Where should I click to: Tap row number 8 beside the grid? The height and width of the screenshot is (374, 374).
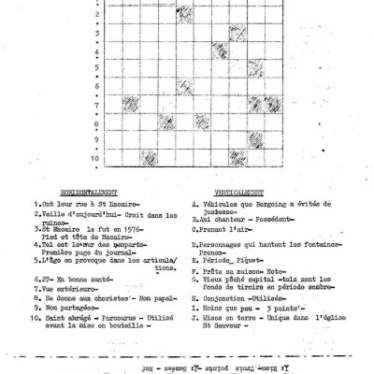click(x=97, y=121)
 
